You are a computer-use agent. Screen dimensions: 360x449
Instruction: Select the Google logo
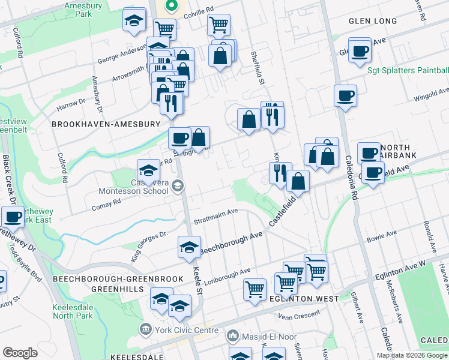point(20,353)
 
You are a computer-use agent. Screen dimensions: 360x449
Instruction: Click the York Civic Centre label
point(181,329)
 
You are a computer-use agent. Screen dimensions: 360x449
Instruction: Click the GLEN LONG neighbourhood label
point(373,21)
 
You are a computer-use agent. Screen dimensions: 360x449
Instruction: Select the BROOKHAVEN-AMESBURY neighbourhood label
point(106,124)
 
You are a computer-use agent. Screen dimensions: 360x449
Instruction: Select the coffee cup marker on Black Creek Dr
point(13,217)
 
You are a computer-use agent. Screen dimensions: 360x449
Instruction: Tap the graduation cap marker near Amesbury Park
point(134,20)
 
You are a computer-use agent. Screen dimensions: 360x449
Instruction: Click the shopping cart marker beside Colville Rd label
point(218,25)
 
